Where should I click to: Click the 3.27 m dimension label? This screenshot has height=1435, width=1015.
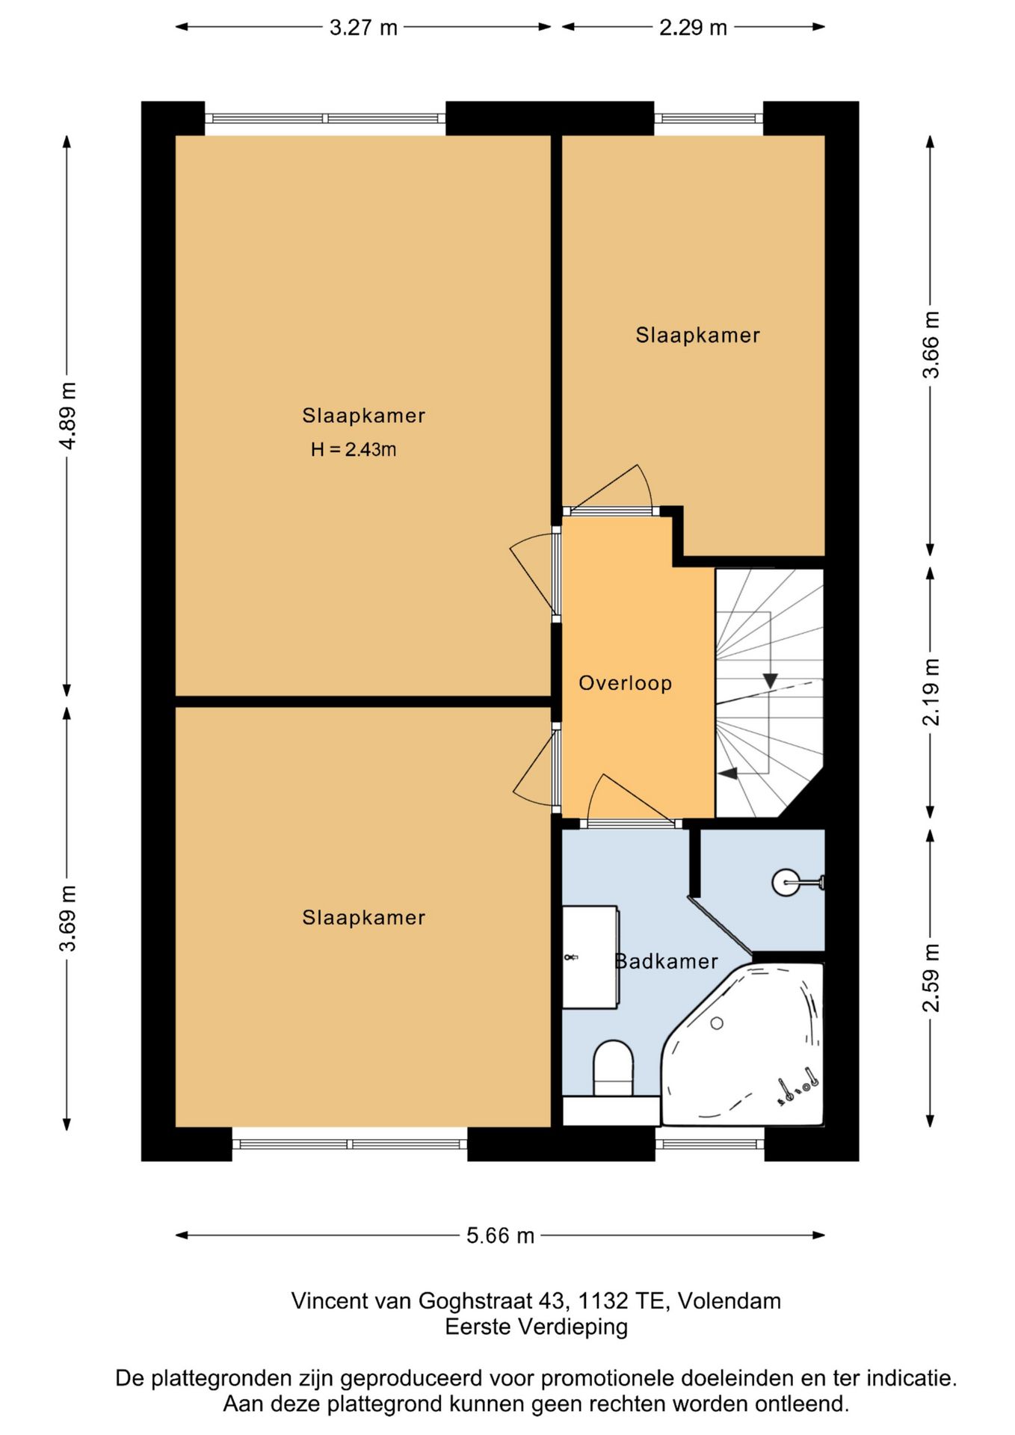tap(363, 28)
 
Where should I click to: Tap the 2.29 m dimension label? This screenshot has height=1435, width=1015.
tap(693, 28)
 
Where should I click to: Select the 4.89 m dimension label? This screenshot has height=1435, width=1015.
tap(68, 416)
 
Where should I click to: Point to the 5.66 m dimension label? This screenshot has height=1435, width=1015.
tap(500, 1235)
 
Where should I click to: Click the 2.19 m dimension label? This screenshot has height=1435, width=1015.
tap(931, 692)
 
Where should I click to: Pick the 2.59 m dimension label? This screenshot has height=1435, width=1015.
tap(931, 978)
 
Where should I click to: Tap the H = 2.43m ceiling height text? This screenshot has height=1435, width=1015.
tap(354, 449)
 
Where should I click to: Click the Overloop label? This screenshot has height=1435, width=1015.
tap(626, 683)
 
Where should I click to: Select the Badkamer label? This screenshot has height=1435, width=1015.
tap(666, 961)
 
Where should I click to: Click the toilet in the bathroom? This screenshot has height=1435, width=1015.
tap(613, 1069)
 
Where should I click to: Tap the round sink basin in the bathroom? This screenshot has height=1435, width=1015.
tap(786, 883)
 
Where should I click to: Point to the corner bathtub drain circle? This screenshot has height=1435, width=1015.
tap(717, 1023)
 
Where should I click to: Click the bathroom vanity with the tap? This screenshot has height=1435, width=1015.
tap(590, 957)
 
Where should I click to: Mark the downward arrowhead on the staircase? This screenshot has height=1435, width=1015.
tap(770, 681)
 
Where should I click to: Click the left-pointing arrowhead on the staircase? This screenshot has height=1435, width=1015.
tap(728, 774)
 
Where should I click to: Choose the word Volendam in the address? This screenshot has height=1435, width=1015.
tap(729, 1301)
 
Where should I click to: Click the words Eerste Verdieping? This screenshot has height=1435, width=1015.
tap(537, 1327)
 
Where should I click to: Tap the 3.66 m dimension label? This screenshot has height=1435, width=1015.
tap(931, 345)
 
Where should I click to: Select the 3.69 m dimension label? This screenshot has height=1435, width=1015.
tap(68, 918)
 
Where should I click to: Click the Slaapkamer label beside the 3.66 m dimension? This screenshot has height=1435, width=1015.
tap(698, 335)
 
